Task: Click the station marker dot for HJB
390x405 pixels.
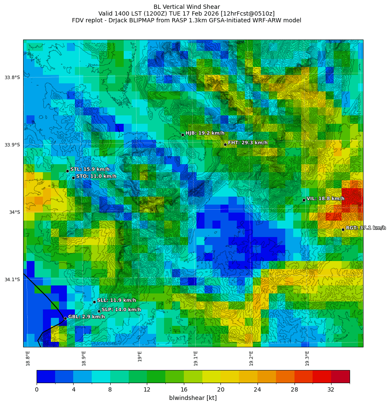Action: pyautogui.click(x=183, y=135)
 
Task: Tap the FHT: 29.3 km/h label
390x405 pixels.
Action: pyautogui.click(x=247, y=143)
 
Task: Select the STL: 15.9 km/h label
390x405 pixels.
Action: pyautogui.click(x=90, y=169)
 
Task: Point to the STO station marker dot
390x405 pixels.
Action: pyautogui.click(x=73, y=178)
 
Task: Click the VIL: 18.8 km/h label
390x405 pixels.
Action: pyautogui.click(x=325, y=199)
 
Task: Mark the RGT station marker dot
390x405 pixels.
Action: pyautogui.click(x=343, y=229)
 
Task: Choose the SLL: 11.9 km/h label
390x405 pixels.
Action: pyautogui.click(x=117, y=301)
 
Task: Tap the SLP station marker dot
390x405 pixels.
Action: pyautogui.click(x=99, y=311)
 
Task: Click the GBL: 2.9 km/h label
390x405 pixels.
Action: pyautogui.click(x=86, y=317)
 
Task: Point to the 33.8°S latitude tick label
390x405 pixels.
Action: pyautogui.click(x=12, y=77)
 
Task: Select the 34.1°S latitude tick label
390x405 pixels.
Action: pyautogui.click(x=12, y=280)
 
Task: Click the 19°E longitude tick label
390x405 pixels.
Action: pyautogui.click(x=140, y=356)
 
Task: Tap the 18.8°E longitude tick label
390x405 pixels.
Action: pyautogui.click(x=28, y=358)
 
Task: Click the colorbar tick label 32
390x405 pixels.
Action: pyautogui.click(x=331, y=389)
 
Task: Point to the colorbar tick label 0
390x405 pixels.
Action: pyautogui.click(x=37, y=389)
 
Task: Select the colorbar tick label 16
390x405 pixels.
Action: pyautogui.click(x=184, y=389)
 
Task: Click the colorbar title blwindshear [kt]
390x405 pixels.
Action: pyautogui.click(x=193, y=398)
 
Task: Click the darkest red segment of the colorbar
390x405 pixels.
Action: pyautogui.click(x=340, y=376)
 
